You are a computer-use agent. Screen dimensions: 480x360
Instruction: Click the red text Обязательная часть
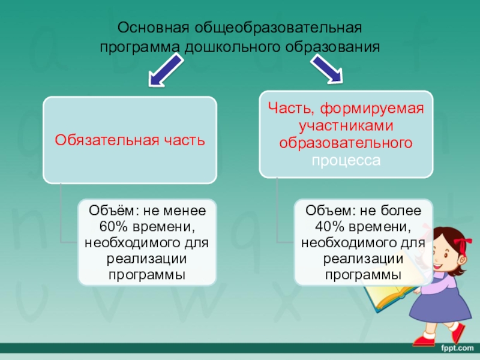coord(130,140)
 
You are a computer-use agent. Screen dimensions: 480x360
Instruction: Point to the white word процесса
coord(345,161)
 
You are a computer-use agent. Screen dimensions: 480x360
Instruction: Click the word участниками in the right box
coord(345,126)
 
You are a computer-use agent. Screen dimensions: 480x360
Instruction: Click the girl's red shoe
coord(423,340)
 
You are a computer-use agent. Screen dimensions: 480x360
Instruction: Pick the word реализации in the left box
coord(147,260)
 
